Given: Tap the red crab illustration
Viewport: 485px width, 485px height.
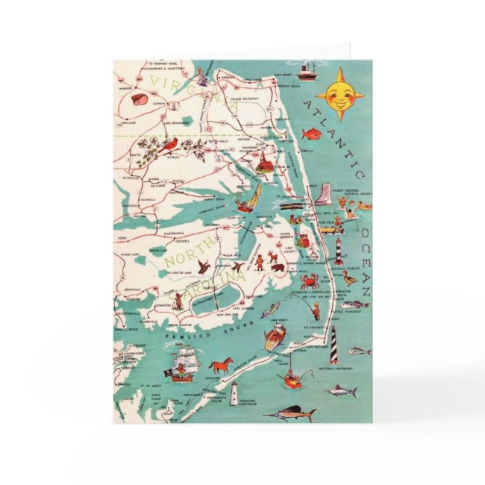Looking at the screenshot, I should pyautogui.click(x=308, y=282).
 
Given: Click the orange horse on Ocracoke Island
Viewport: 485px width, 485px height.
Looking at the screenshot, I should pyautogui.click(x=222, y=365).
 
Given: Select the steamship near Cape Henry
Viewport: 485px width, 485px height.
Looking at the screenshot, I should pyautogui.click(x=306, y=72).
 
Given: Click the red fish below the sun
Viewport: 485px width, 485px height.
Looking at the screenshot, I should pyautogui.click(x=310, y=134).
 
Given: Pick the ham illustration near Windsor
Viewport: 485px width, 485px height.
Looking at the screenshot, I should pyautogui.click(x=139, y=98).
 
